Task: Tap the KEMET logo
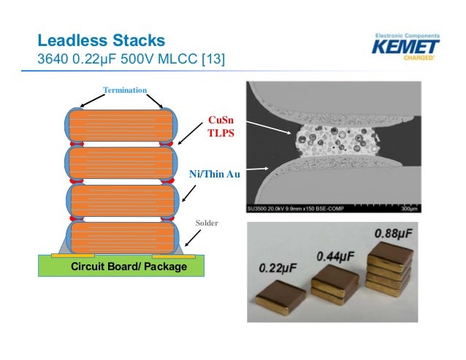tap(405, 49)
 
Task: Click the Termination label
tap(125, 89)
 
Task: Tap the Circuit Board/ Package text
tap(129, 267)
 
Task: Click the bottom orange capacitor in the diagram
tap(121, 238)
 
